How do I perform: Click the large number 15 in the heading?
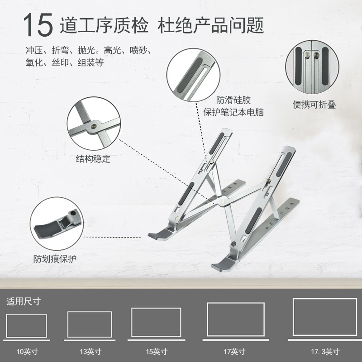click(x=38, y=25)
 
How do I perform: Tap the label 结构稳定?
click(x=93, y=159)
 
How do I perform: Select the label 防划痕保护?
click(x=55, y=259)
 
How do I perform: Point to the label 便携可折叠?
click(x=314, y=105)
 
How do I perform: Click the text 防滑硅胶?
click(x=233, y=100)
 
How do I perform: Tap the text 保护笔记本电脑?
click(x=233, y=112)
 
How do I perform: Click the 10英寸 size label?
click(x=27, y=352)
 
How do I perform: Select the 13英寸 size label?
click(x=91, y=352)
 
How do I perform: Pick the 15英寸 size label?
click(x=157, y=352)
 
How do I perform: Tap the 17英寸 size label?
click(x=234, y=352)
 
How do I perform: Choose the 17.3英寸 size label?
click(x=325, y=352)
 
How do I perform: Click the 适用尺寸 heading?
click(x=24, y=301)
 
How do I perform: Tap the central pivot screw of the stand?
click(x=223, y=201)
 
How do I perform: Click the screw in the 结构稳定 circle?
click(x=94, y=126)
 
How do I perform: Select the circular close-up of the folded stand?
click(x=312, y=67)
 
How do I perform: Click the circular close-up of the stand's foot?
click(x=57, y=224)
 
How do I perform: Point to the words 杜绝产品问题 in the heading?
click(x=210, y=25)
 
